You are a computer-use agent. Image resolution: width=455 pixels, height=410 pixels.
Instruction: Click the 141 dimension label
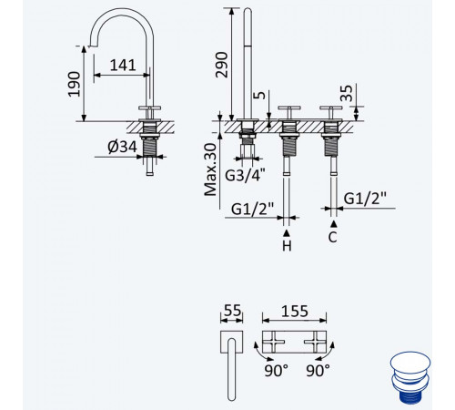[123, 66]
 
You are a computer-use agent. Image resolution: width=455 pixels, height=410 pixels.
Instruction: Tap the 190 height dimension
[75, 84]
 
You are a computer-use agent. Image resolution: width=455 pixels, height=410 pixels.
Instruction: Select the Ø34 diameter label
[122, 148]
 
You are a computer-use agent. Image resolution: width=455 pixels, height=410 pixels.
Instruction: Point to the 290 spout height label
[221, 65]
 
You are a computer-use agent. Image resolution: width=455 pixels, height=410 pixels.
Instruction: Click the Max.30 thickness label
[210, 169]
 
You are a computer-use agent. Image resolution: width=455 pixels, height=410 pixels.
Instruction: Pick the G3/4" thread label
[245, 175]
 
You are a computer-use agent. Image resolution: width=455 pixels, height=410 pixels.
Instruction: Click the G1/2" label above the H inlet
[252, 209]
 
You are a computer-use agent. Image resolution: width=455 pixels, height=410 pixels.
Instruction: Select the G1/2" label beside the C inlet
[365, 199]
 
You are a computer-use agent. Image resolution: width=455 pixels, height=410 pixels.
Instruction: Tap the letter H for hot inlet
[287, 246]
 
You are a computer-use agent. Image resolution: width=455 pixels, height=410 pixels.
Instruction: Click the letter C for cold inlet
[333, 237]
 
